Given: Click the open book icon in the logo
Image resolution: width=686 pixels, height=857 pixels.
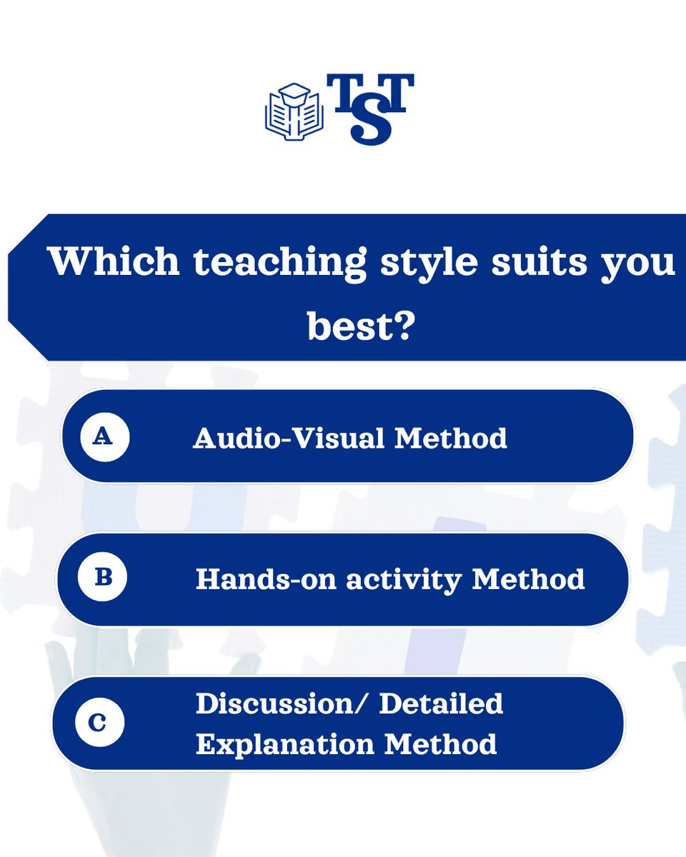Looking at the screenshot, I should coord(294,111).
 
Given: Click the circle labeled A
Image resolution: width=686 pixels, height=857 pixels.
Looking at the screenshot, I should coord(104,436).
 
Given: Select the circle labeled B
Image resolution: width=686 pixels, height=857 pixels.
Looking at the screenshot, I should coord(103,578).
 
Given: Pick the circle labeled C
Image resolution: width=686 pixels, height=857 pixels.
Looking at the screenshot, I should coord(99,723).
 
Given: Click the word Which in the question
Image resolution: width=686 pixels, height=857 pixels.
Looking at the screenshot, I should coord(114,262).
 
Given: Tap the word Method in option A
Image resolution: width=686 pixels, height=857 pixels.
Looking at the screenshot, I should coord(451,438).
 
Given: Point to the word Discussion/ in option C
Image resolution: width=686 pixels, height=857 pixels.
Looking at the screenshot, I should coord(282,703).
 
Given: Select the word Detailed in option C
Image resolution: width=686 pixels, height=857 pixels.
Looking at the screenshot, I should coord(441,703).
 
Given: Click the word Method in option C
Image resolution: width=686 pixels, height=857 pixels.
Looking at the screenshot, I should coord(440,744).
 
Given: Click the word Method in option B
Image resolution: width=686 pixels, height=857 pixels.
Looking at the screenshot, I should coord(529,579).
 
